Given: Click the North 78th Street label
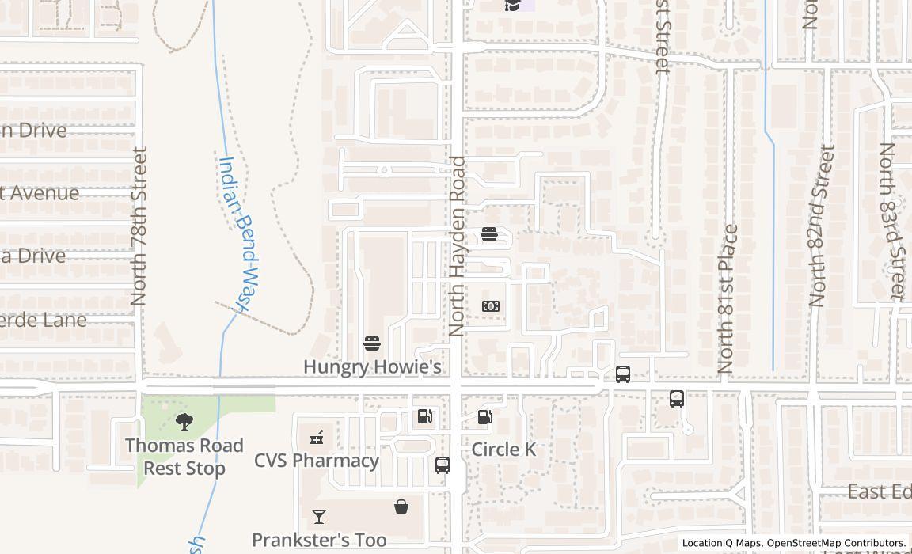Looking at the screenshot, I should [139, 226].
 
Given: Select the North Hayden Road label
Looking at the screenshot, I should [457, 246].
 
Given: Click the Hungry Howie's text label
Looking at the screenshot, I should [372, 367].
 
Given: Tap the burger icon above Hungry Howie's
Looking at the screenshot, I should [372, 343].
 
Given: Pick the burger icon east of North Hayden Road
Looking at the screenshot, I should [489, 234].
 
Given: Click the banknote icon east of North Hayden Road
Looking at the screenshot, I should [491, 306].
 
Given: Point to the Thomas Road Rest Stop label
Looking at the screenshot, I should [184, 457].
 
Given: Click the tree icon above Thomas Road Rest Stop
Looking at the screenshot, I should [184, 422].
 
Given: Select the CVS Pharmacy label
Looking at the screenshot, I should [317, 461].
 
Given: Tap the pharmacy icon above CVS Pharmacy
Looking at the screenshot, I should [317, 437].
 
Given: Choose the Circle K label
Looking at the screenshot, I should [503, 450].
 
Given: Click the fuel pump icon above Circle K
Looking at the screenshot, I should [485, 417].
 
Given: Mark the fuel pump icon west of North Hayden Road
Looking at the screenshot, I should [425, 416].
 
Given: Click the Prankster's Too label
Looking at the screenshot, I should [319, 540].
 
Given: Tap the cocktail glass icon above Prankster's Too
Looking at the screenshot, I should [319, 517].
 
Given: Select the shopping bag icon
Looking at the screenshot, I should [402, 507].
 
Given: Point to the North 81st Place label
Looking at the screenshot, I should [727, 299].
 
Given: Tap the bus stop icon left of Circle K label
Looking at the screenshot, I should [443, 465].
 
